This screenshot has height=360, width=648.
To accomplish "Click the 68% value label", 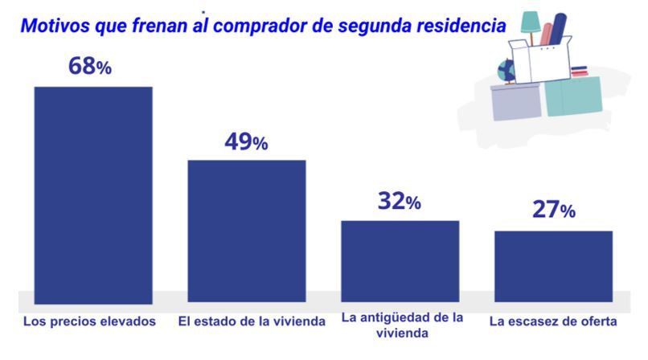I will pos(89,67).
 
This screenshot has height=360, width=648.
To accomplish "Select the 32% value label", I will pos(399,202).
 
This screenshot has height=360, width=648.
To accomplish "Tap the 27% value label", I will pos(553,211).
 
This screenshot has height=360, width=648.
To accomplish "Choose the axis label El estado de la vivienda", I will pos(251,321).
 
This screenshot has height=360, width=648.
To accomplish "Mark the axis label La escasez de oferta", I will pos(553,321).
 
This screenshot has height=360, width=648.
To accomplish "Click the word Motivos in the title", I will pos(53,26).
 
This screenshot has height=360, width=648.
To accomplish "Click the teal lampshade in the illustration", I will pos(531,22).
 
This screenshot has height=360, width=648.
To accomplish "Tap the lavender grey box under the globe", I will pos(515,103).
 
